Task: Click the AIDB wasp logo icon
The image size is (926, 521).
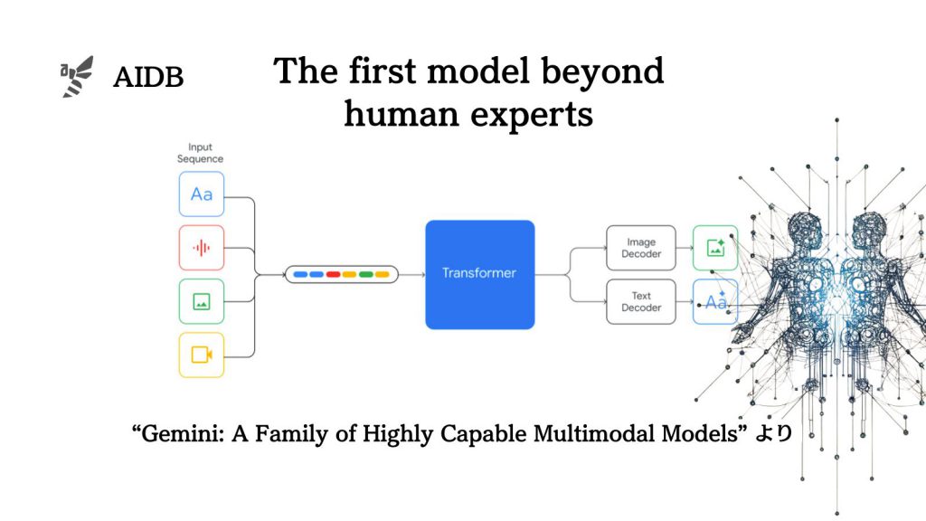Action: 77,76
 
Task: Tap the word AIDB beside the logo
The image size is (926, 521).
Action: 148,78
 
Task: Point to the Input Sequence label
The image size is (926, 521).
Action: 201,153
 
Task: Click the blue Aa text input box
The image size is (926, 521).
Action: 201,194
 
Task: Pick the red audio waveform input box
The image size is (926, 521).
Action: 201,247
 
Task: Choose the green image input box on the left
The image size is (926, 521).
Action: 201,301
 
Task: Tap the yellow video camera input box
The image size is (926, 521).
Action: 201,355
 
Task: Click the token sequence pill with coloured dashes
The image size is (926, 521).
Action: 342,273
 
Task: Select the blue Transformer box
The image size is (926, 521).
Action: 479,274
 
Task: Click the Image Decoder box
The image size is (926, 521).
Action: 641,248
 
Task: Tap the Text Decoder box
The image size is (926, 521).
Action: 641,301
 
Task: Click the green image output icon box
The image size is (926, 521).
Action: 715,248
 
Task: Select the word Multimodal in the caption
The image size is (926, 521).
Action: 590,434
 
